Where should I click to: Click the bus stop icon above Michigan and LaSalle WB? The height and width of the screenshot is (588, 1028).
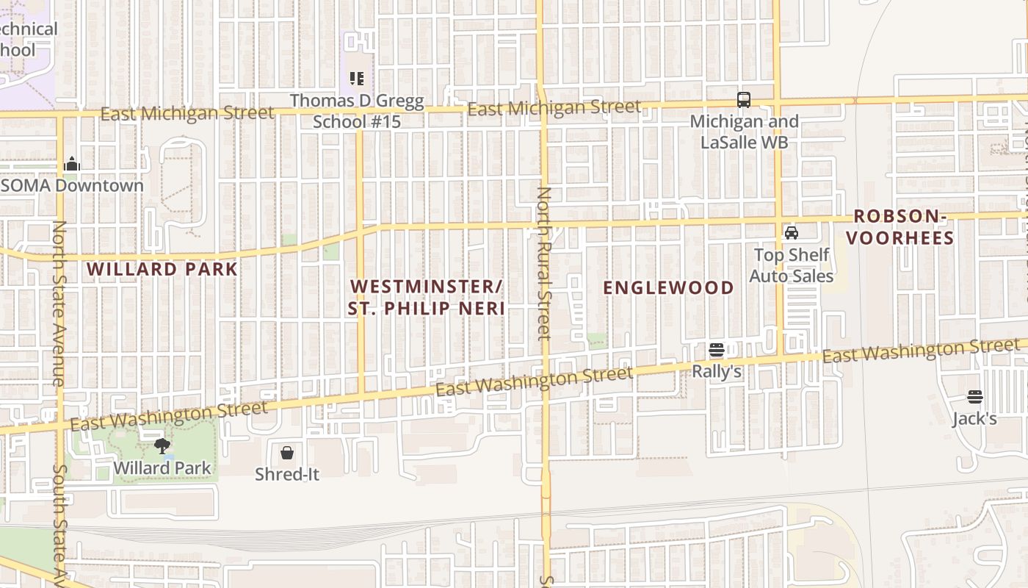point(743,99)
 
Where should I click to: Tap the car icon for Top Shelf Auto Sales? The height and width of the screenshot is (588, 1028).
point(792,233)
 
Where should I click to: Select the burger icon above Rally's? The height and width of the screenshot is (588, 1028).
point(717,350)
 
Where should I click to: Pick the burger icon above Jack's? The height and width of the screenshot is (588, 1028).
point(974,397)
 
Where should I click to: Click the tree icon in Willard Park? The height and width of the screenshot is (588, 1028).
point(162,445)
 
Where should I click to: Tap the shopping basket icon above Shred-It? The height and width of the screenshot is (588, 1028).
point(287,452)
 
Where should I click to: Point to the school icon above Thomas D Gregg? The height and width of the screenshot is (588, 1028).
point(357,78)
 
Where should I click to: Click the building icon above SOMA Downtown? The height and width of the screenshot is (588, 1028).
point(72,163)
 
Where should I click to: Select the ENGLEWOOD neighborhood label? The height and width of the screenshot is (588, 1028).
point(668,287)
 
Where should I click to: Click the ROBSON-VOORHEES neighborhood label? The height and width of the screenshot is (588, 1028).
point(903,227)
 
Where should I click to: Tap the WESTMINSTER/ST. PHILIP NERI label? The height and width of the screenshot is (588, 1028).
point(427,297)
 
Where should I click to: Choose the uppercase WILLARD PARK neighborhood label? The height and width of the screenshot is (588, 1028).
point(162,269)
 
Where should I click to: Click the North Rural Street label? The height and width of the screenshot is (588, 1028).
point(544,263)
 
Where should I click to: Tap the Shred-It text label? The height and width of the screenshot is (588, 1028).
point(287,474)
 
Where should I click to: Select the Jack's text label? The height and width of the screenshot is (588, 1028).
point(974,419)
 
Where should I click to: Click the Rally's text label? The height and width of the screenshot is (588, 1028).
point(717,372)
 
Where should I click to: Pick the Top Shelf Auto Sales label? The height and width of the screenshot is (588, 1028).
point(792,265)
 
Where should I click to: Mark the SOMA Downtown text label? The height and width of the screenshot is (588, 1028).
point(72,185)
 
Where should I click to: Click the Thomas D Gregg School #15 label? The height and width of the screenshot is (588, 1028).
point(357,111)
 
